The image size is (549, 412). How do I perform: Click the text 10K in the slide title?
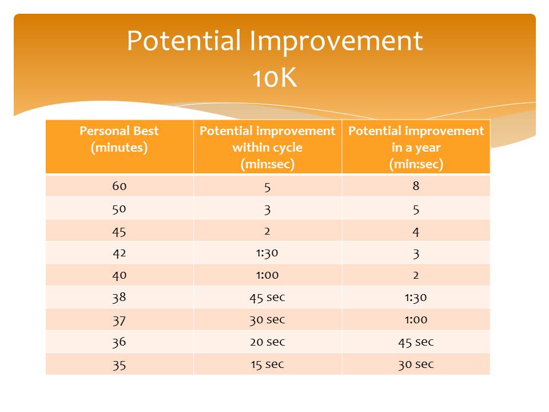[275, 77]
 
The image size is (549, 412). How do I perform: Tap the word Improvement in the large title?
[336, 41]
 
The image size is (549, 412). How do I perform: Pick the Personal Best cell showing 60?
[120, 186]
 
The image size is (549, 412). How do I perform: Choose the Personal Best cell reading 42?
[120, 253]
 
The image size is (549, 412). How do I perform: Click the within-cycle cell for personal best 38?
[268, 298]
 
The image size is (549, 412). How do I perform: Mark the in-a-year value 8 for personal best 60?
[416, 185]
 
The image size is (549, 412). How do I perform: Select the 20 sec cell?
[268, 342]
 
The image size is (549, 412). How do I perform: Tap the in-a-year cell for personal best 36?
[416, 342]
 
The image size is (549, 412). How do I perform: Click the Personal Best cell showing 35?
[119, 365]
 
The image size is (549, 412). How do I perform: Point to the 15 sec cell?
[268, 365]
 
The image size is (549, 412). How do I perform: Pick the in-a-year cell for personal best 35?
[416, 365]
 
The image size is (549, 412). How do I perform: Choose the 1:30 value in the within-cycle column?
[267, 253]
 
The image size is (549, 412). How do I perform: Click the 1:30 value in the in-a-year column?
[416, 298]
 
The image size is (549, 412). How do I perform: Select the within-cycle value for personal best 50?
[268, 209]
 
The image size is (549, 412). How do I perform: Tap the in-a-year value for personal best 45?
[416, 232]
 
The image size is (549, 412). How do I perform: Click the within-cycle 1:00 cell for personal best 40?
[268, 275]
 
